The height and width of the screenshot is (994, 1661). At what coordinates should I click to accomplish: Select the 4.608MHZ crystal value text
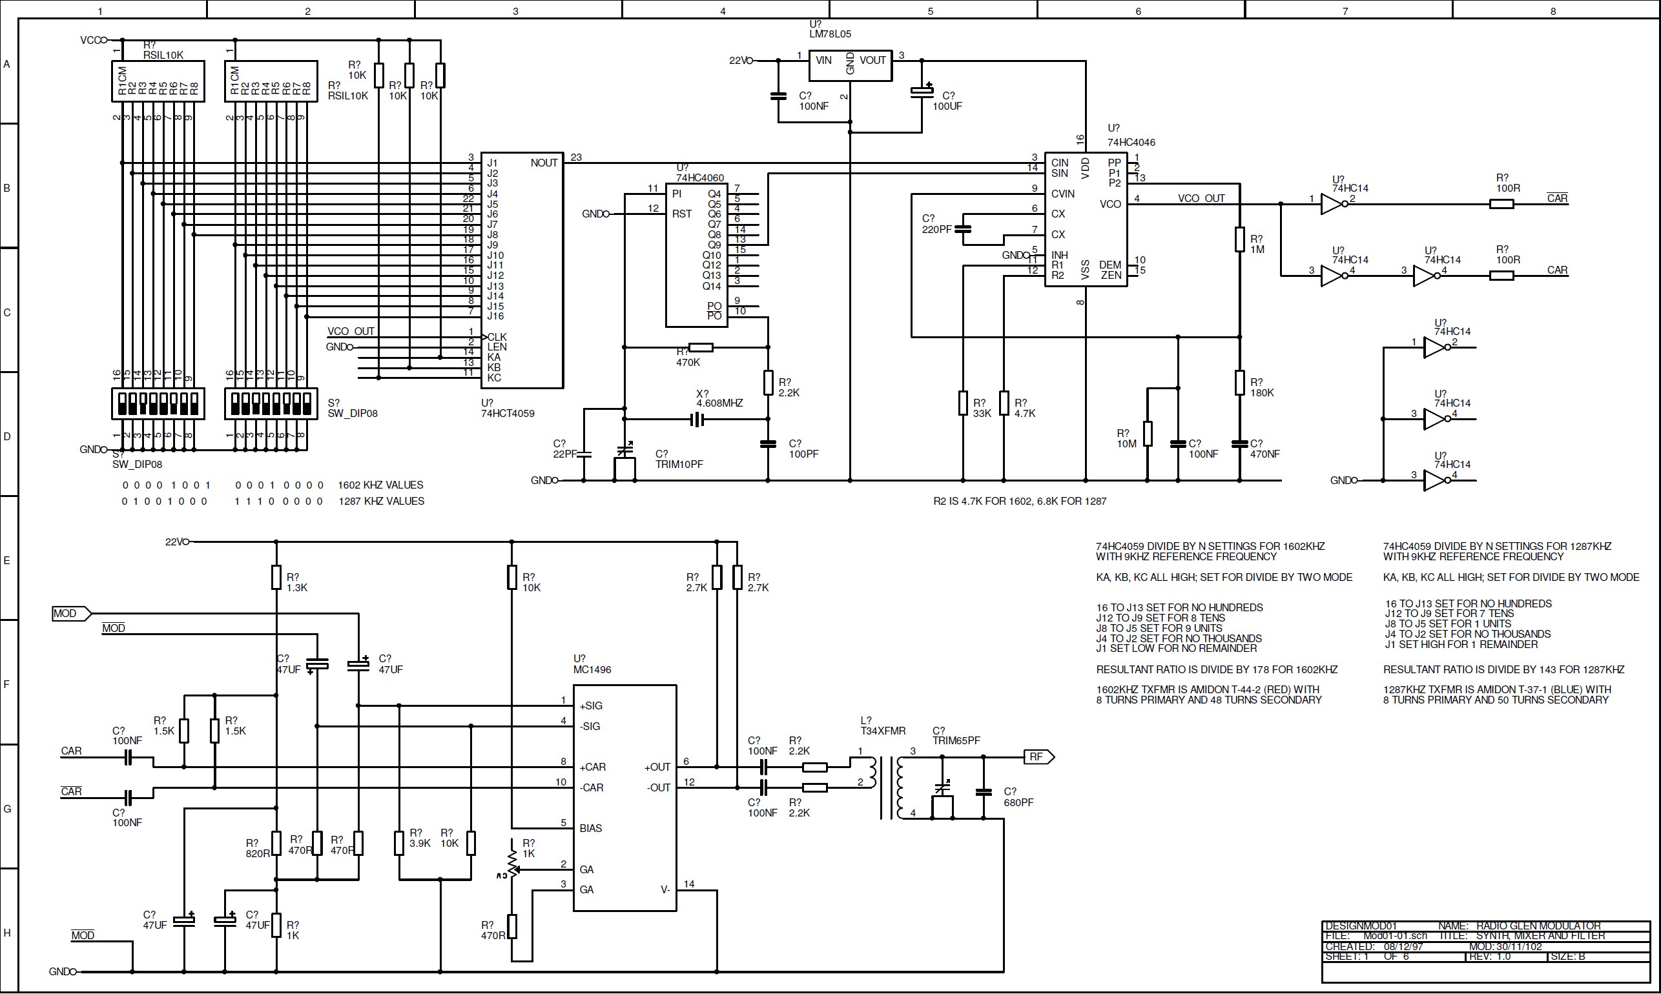coord(719,403)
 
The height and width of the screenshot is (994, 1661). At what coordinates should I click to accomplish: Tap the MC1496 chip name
coord(592,669)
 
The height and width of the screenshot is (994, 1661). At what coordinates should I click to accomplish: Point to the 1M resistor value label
coord(1257,249)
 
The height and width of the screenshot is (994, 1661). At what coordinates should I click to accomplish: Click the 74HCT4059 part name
coord(507,413)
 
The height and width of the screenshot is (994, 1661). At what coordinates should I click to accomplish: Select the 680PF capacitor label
coord(1018,802)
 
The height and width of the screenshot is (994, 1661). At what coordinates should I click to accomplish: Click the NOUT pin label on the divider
coord(543,163)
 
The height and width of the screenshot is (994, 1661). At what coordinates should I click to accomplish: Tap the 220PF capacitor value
coord(936,229)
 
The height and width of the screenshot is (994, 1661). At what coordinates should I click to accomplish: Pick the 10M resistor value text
coord(1126,443)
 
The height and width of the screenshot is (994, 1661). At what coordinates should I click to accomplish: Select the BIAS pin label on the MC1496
coord(590,828)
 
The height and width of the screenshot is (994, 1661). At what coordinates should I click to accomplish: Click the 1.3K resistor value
coord(296,587)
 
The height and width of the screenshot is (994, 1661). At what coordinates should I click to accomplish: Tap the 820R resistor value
coord(257,853)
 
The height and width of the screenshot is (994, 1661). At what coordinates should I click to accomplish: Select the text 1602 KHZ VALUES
coord(380,485)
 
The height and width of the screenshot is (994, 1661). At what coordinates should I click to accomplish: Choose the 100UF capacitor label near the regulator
coord(947,106)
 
